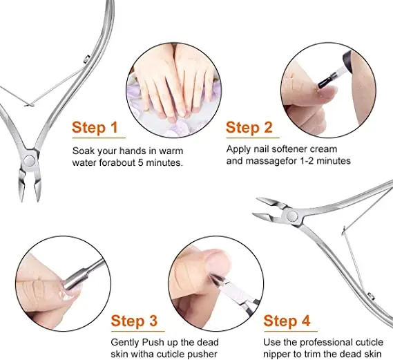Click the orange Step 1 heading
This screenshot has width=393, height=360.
point(99,128)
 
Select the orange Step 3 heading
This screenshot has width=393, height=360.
point(138,321)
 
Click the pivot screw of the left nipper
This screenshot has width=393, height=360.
point(30,161)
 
